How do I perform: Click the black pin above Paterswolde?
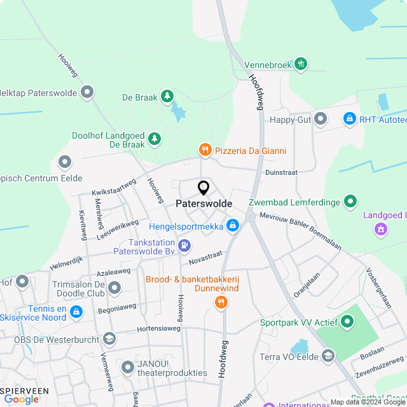click(203, 188)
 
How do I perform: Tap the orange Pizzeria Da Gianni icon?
click(205, 151)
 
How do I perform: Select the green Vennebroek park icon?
click(301, 64)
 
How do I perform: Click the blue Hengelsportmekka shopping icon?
click(233, 226)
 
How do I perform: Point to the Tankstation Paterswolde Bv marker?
click(184, 245)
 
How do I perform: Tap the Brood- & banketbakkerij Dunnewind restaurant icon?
click(221, 303)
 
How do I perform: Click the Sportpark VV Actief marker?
click(347, 322)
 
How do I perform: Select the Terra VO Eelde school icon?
click(328, 354)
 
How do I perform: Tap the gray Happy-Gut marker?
click(321, 119)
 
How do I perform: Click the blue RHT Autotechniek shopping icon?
click(349, 119)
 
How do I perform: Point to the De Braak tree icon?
click(167, 97)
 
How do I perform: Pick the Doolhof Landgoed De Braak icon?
click(155, 138)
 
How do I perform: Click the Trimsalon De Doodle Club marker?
click(114, 289)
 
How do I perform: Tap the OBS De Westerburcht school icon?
click(109, 339)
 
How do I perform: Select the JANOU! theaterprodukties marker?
click(128, 366)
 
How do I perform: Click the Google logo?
click(22, 399)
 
